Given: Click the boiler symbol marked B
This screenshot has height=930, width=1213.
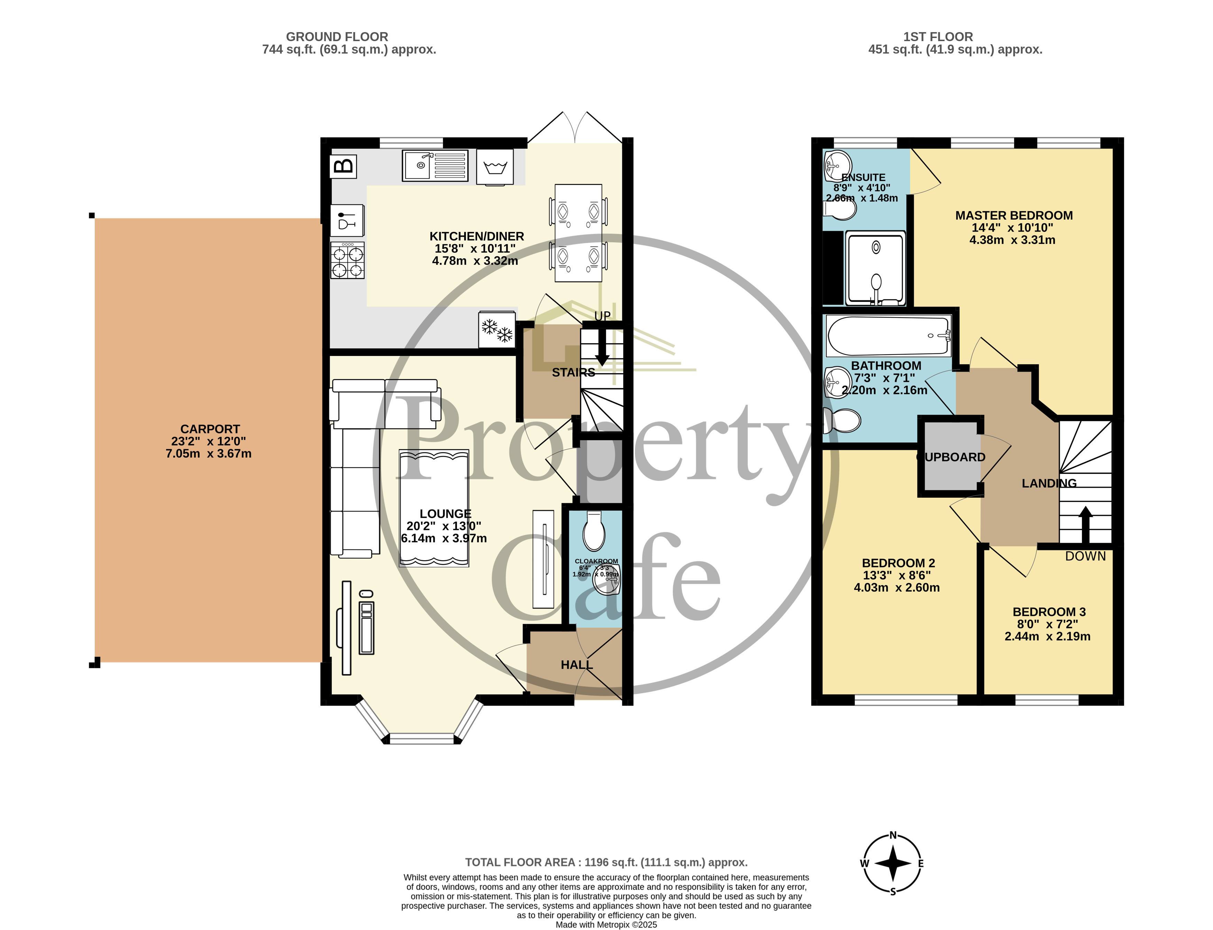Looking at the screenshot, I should click(343, 166).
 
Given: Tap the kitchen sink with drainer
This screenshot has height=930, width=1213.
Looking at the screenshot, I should click(435, 166).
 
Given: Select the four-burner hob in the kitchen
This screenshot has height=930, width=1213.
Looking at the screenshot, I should click(347, 261).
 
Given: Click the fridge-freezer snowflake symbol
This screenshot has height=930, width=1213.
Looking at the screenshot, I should click(497, 330).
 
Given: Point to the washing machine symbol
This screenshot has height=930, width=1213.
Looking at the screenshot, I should click(495, 166).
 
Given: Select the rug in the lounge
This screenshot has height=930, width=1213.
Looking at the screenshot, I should click(434, 508).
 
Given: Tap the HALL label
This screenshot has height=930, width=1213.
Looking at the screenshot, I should click(577, 665).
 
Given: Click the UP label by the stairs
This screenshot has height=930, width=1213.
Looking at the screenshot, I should click(602, 316).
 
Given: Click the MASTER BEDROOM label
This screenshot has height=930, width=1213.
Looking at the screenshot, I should click(1014, 215).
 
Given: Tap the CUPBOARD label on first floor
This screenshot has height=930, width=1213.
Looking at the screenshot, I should click(951, 457).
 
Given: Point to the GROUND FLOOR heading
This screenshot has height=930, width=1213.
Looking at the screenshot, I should click(337, 37).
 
